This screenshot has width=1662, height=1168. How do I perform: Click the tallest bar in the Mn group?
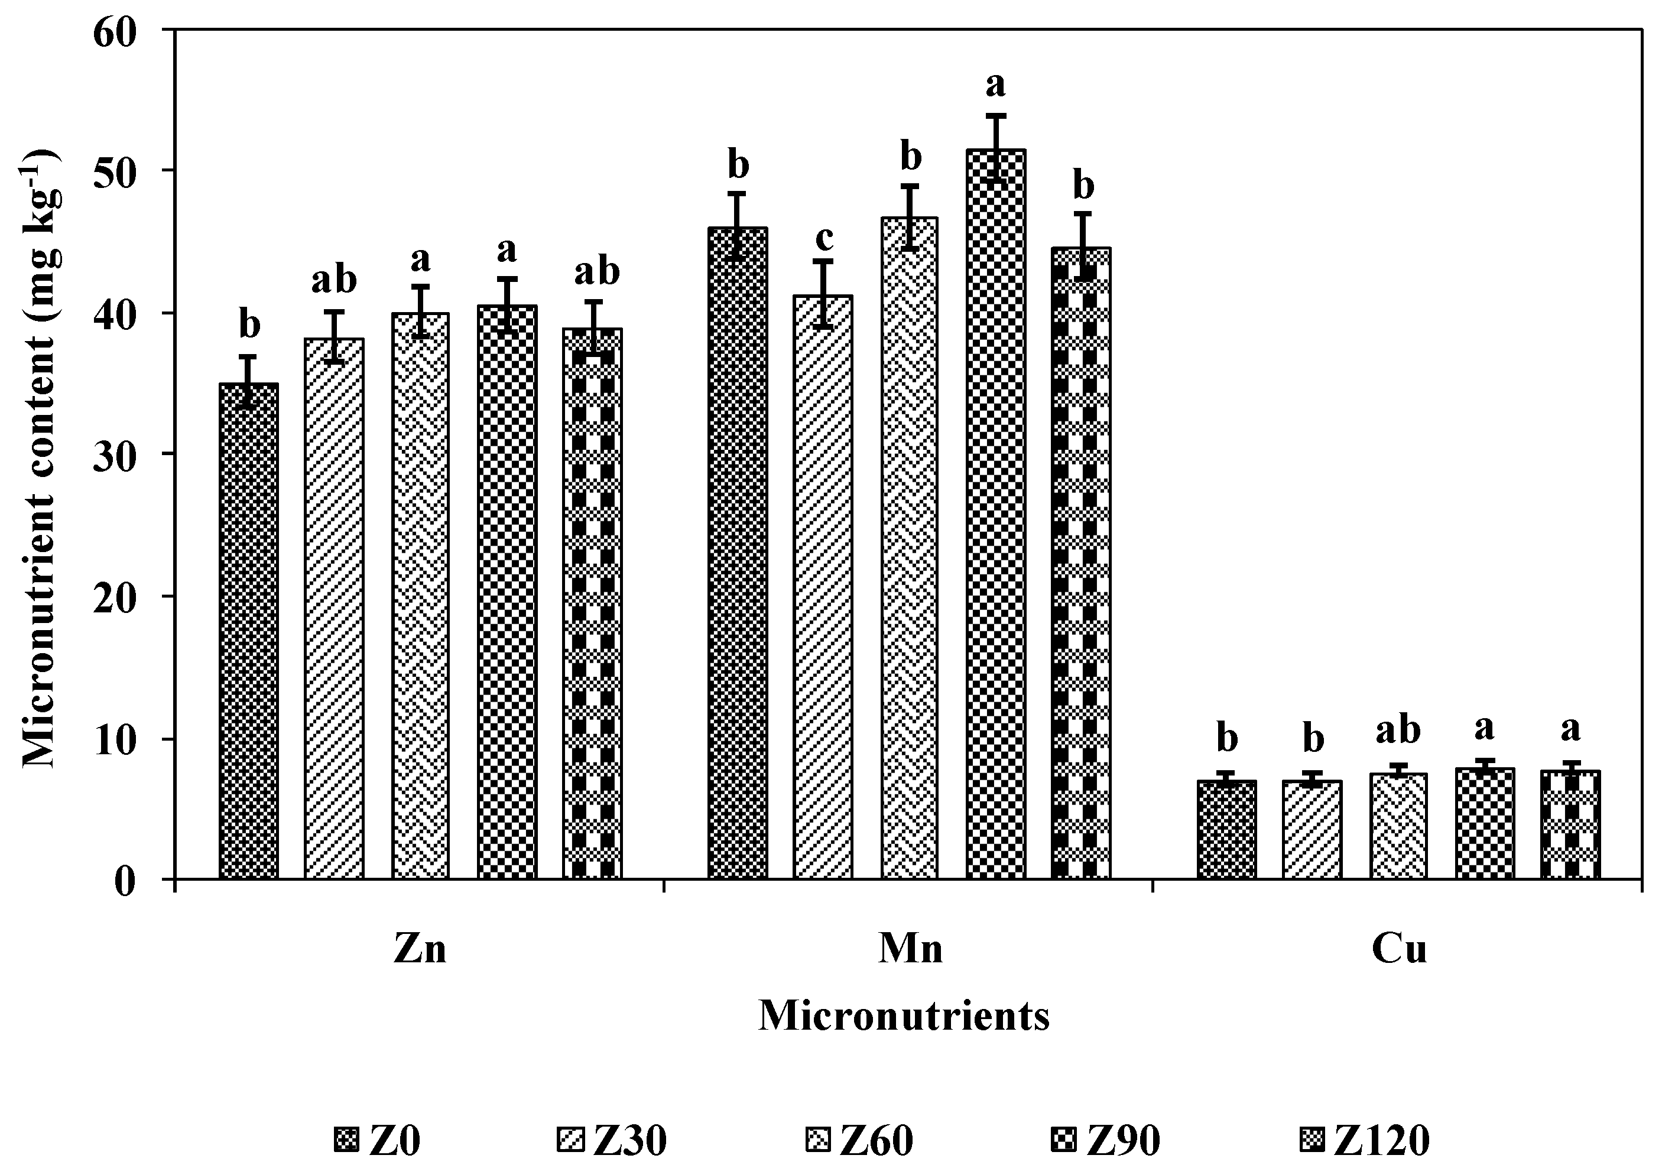(995, 514)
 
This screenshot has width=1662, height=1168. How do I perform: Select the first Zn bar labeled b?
(248, 630)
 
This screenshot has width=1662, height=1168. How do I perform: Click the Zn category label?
(420, 949)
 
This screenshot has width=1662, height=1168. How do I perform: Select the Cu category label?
(1398, 949)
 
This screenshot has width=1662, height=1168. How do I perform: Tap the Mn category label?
(910, 949)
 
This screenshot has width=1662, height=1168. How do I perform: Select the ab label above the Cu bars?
(1398, 731)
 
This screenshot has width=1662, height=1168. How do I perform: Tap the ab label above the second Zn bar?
(334, 280)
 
